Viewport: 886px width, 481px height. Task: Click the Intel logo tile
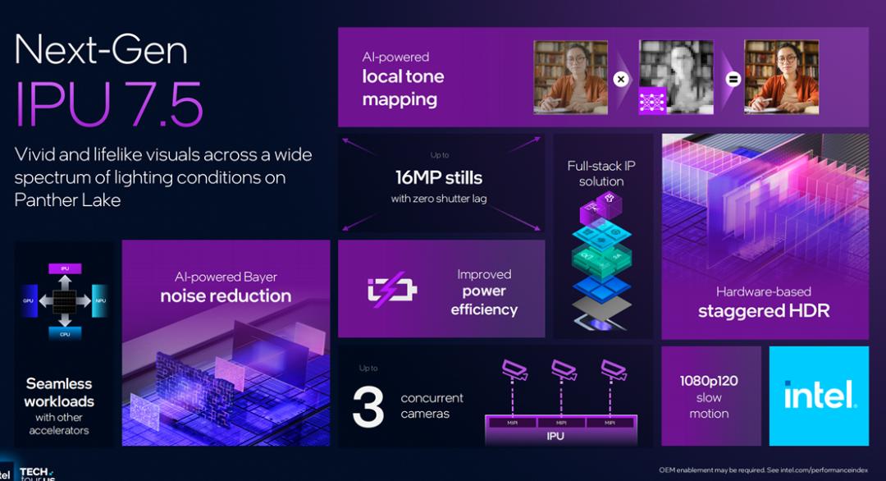[819, 396]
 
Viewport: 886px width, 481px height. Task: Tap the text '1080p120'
[709, 380]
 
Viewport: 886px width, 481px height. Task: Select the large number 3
[368, 405]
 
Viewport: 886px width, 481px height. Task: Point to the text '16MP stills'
[439, 177]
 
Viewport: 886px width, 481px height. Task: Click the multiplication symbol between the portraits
[621, 80]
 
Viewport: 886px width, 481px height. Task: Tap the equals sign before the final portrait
[733, 80]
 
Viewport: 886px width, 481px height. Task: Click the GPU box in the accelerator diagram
[29, 301]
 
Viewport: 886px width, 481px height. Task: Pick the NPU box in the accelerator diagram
[99, 301]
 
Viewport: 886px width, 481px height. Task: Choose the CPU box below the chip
[64, 334]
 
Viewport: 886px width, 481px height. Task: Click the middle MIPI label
[560, 422]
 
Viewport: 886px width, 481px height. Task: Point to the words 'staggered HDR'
[764, 311]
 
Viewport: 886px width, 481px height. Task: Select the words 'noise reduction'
[226, 295]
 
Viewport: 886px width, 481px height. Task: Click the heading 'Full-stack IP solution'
[601, 173]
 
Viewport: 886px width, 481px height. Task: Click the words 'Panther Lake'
[67, 199]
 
